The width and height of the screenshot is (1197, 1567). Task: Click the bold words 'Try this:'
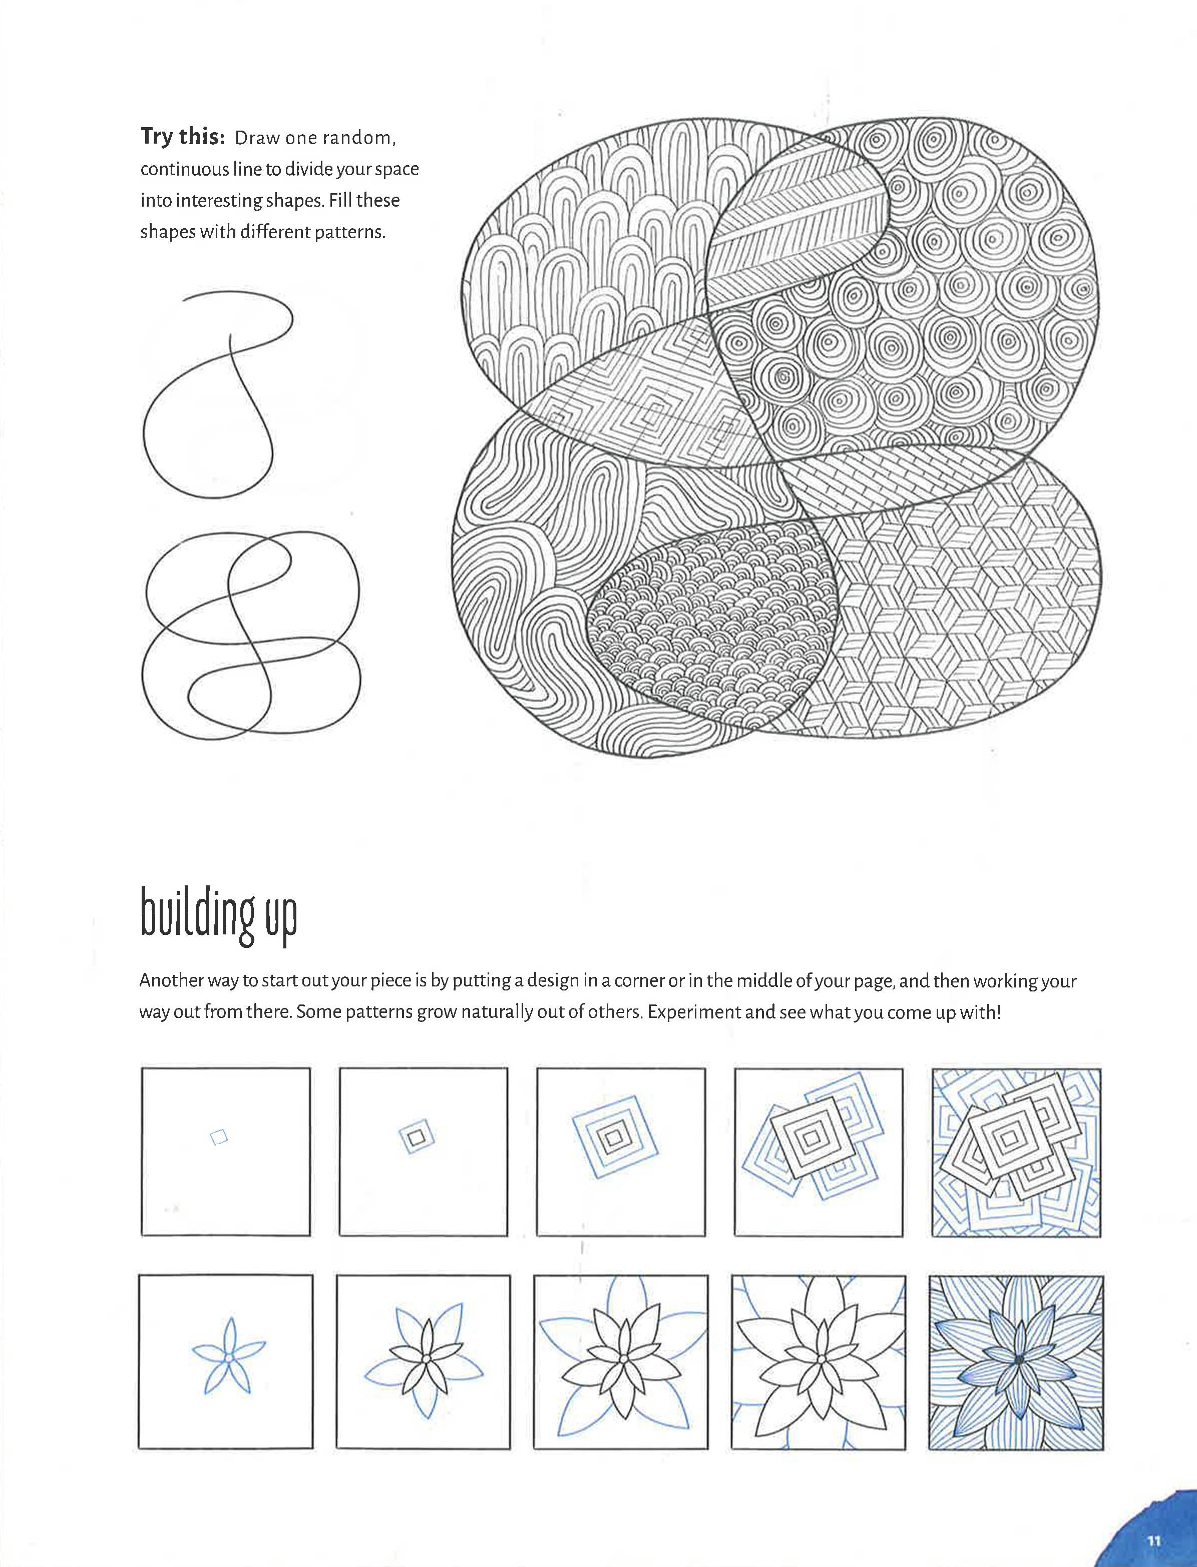coord(182,136)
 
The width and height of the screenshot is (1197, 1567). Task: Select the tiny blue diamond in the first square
coord(219,1138)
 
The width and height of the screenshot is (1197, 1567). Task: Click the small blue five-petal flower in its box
coord(228,1356)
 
